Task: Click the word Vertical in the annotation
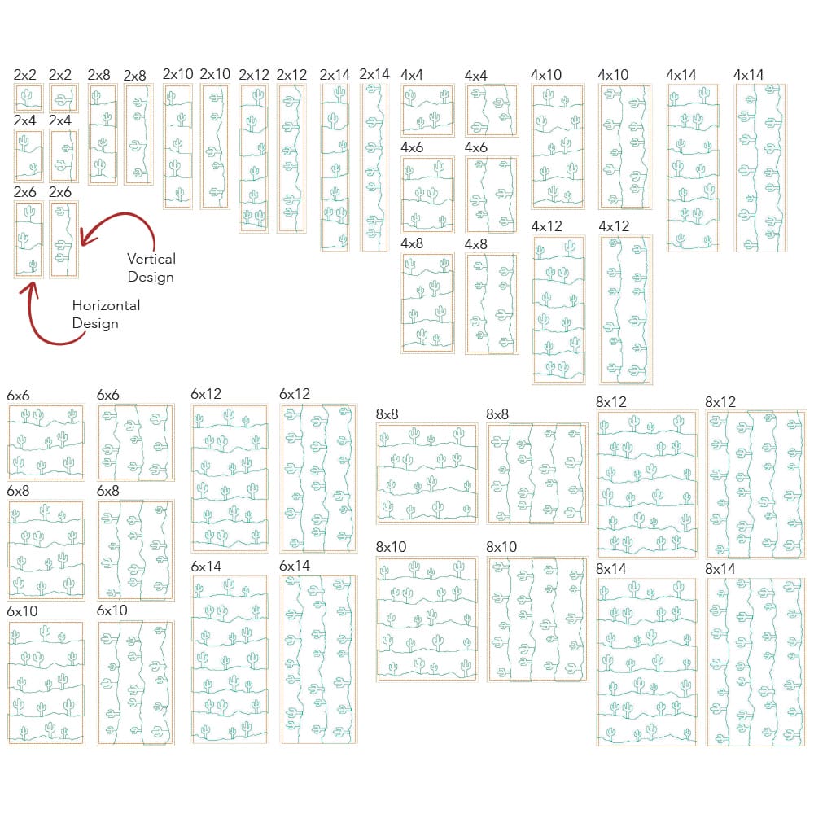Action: (x=151, y=259)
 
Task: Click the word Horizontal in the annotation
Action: (x=106, y=305)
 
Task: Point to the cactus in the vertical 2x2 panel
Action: (x=63, y=98)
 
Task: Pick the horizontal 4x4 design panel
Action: (x=427, y=110)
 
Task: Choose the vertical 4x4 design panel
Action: (x=492, y=110)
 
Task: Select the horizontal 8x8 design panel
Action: (x=427, y=472)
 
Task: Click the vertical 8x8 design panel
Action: (x=537, y=472)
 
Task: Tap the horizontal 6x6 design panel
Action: (x=46, y=441)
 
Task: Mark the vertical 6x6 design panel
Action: (x=136, y=441)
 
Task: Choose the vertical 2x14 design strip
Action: (x=374, y=166)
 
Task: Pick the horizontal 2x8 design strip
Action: (x=102, y=133)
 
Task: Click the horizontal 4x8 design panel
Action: (x=427, y=302)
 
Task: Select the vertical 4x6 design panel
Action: (x=492, y=195)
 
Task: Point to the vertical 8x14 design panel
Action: (x=756, y=661)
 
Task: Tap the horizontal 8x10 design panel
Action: (x=427, y=618)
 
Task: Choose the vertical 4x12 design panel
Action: (x=625, y=309)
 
